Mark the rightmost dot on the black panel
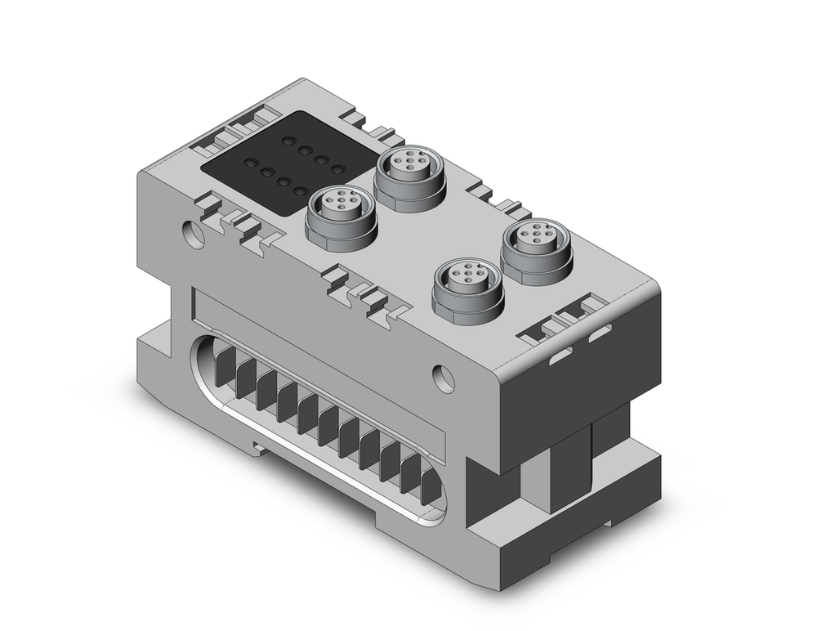click(x=337, y=169)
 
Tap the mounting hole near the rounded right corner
click(x=444, y=377)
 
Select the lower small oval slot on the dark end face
click(x=560, y=356)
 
